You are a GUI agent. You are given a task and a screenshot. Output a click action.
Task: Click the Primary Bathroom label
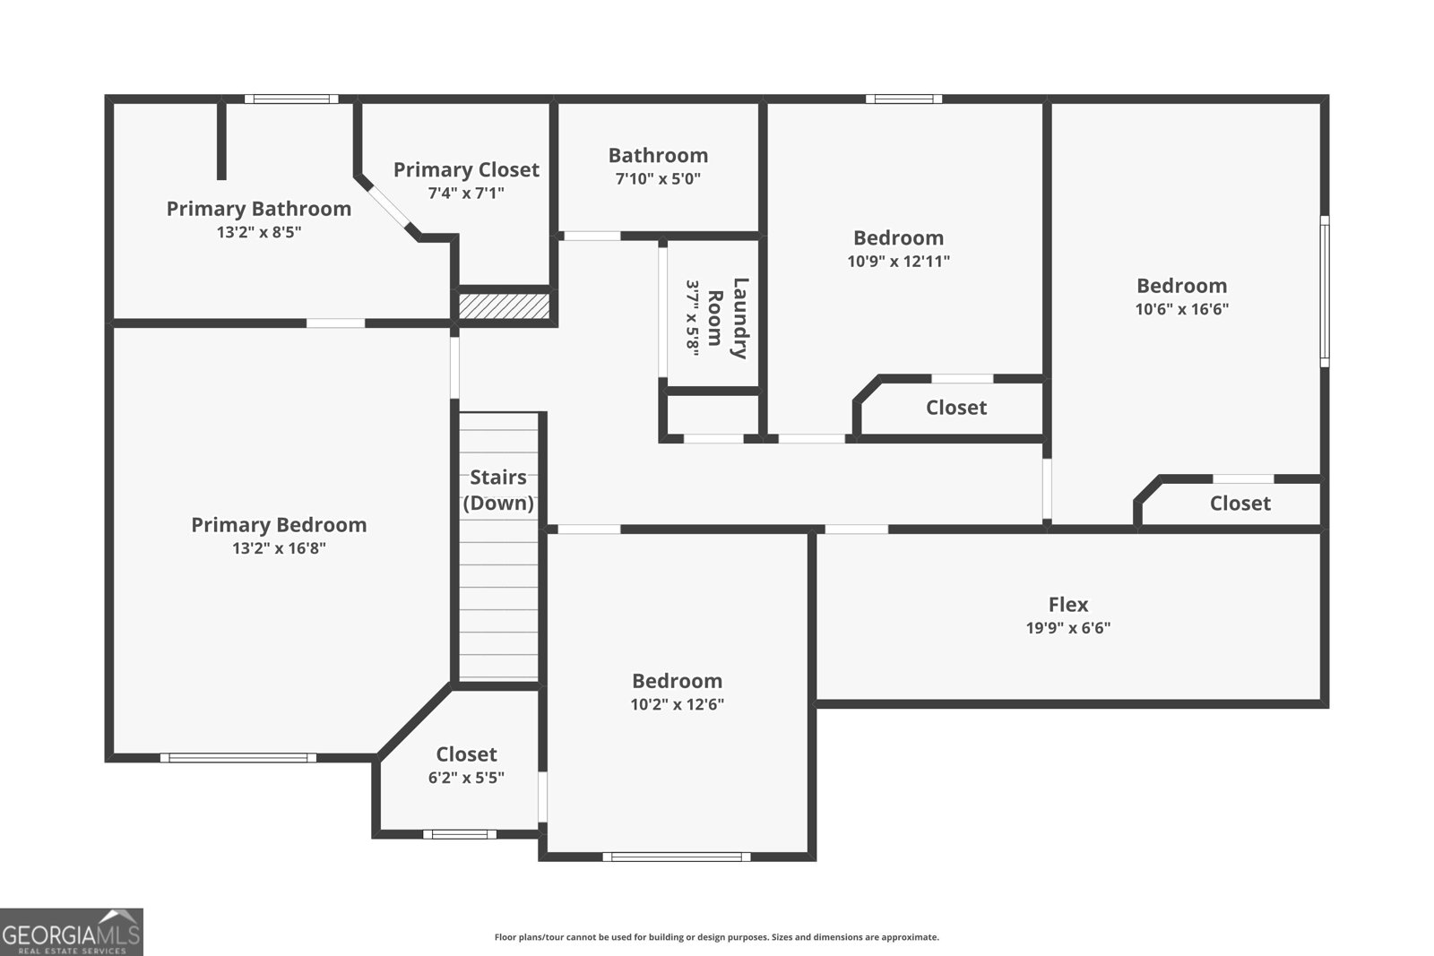click(258, 209)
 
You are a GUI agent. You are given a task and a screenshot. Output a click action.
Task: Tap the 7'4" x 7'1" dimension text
click(466, 193)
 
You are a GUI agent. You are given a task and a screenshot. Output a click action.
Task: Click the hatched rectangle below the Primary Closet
click(504, 306)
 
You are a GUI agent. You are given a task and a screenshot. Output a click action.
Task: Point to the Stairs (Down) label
click(498, 489)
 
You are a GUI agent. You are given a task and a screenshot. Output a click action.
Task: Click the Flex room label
click(1068, 605)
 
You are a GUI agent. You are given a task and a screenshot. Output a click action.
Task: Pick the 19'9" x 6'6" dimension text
click(1068, 628)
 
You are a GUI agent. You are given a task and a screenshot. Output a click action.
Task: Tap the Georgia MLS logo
click(71, 932)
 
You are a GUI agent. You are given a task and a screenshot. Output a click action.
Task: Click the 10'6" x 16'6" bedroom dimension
click(1181, 309)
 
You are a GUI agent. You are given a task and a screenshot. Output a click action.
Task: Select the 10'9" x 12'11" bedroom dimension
click(898, 262)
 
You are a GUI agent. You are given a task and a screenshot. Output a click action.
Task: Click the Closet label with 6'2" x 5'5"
click(466, 754)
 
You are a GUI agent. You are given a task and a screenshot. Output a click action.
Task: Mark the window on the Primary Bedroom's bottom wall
click(238, 758)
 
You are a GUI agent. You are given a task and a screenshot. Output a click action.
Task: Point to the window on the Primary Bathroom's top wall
click(291, 99)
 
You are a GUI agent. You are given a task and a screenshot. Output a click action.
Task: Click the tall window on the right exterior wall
click(1324, 290)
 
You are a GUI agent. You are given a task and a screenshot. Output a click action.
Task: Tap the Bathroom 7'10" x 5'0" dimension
click(658, 178)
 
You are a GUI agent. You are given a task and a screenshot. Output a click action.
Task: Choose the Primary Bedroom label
click(279, 525)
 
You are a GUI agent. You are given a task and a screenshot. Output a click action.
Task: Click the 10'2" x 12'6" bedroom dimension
click(677, 704)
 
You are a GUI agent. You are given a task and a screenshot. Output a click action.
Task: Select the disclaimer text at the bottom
click(716, 937)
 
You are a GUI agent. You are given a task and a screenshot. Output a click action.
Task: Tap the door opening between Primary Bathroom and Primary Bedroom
click(335, 323)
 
